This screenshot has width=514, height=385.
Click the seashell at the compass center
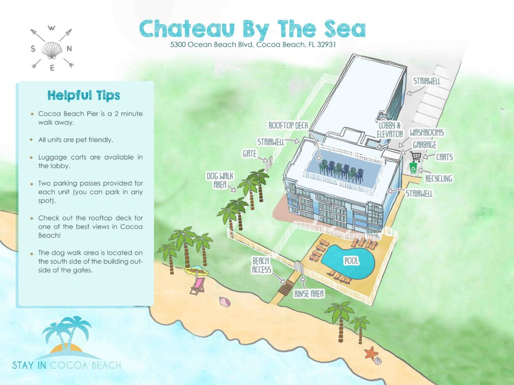tap(52, 49)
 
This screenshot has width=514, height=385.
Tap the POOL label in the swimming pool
tap(350, 261)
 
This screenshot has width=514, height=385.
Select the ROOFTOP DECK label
tap(291, 125)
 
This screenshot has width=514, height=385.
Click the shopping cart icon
tap(416, 156)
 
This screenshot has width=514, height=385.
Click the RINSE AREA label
tap(309, 293)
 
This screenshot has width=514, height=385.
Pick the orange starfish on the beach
tap(371, 353)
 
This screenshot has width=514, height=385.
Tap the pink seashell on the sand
tap(224, 301)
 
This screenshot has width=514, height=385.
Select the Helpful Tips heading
tap(84, 95)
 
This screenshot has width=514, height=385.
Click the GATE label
tap(249, 153)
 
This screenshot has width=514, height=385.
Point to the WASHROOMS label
tap(427, 133)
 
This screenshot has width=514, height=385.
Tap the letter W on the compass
tap(52, 28)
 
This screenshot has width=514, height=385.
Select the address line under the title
tap(253, 45)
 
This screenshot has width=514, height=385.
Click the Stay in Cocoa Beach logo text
tap(67, 364)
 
